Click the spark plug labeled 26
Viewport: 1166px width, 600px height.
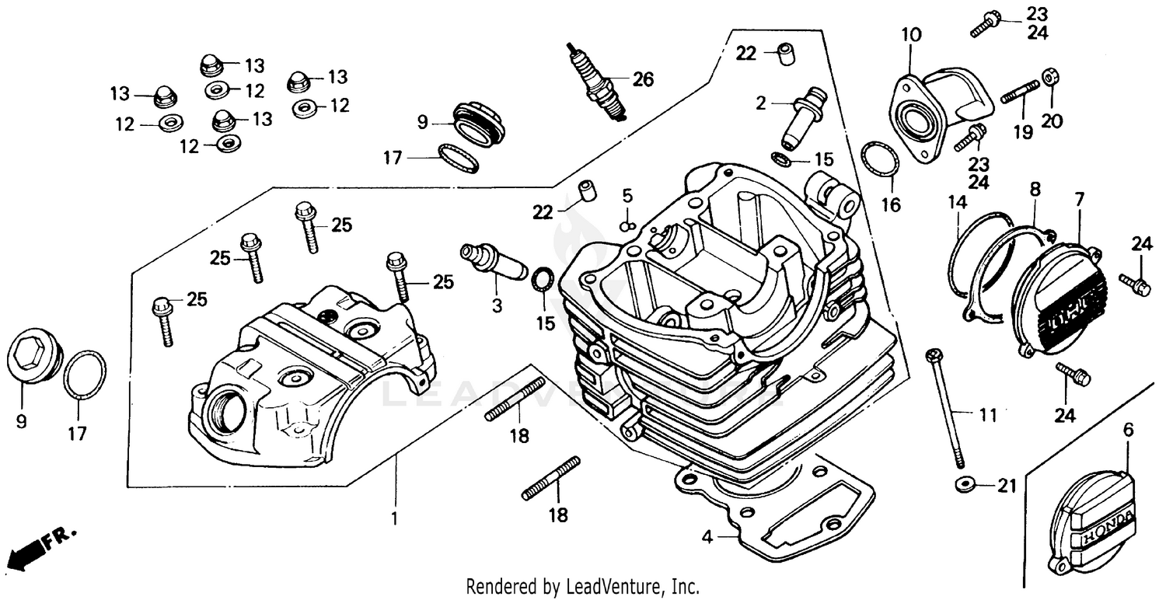tap(596, 84)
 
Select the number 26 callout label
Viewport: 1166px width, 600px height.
tap(643, 79)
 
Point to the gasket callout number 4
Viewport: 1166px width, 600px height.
tap(707, 535)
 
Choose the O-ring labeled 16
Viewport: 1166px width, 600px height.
tap(881, 162)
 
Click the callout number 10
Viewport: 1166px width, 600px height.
tap(911, 35)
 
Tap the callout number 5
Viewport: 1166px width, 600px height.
tap(627, 195)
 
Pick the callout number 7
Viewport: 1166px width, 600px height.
tap(1079, 199)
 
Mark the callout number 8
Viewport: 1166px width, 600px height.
tap(1034, 189)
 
